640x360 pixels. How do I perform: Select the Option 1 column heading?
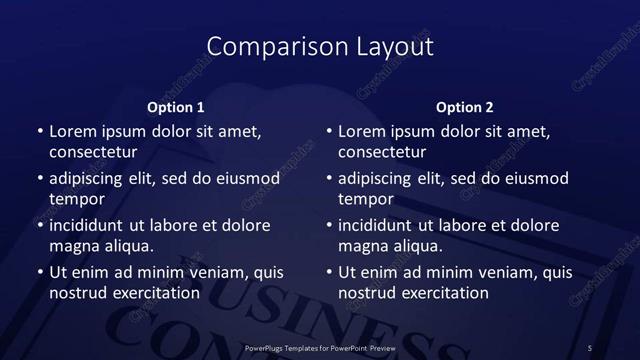(176, 106)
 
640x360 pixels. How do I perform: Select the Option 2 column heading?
(465, 106)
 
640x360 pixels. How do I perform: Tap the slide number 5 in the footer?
(590, 347)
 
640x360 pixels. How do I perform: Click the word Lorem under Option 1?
(72, 131)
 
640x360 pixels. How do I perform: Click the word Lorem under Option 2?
(362, 131)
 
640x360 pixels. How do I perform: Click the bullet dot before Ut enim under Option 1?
(39, 272)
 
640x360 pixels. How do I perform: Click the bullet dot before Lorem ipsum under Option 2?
(329, 131)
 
